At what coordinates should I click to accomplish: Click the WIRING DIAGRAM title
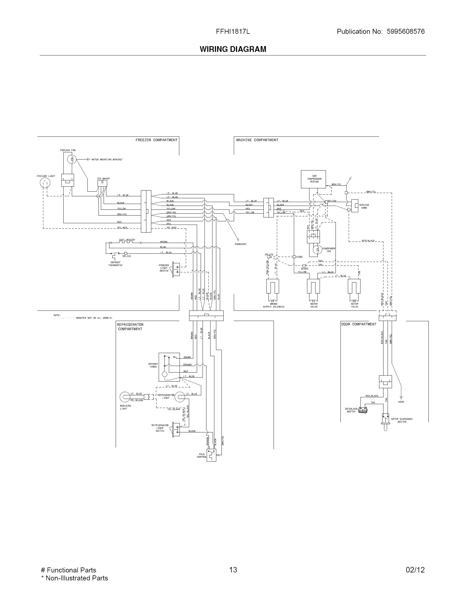pos(233,49)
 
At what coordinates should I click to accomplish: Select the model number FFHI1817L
pos(233,32)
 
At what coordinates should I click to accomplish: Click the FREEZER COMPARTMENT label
pos(156,140)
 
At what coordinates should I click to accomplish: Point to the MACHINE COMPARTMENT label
pos(257,140)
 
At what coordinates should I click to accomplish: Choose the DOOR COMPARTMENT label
pos(359,324)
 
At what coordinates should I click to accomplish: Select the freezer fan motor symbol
pos(72,159)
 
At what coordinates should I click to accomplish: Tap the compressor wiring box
pos(313,179)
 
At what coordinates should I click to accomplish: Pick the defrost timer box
pos(169,367)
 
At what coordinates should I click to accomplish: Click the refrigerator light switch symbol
pos(176,429)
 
